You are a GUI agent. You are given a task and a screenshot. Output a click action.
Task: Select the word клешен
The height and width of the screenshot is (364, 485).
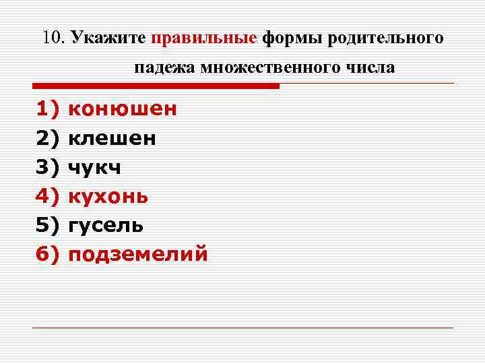(112, 139)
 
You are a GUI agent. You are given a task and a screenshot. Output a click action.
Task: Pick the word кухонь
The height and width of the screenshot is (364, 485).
(109, 197)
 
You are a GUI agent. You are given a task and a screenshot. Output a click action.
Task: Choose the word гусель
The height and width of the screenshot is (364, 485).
(106, 226)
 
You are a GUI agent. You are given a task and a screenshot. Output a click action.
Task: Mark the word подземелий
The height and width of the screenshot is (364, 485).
(139, 255)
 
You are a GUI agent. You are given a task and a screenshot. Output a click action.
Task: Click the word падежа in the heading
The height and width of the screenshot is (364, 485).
(163, 69)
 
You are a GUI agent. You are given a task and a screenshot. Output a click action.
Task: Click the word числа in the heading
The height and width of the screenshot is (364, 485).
(372, 69)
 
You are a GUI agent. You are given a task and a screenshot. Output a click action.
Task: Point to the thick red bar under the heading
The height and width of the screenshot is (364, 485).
(156, 86)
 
